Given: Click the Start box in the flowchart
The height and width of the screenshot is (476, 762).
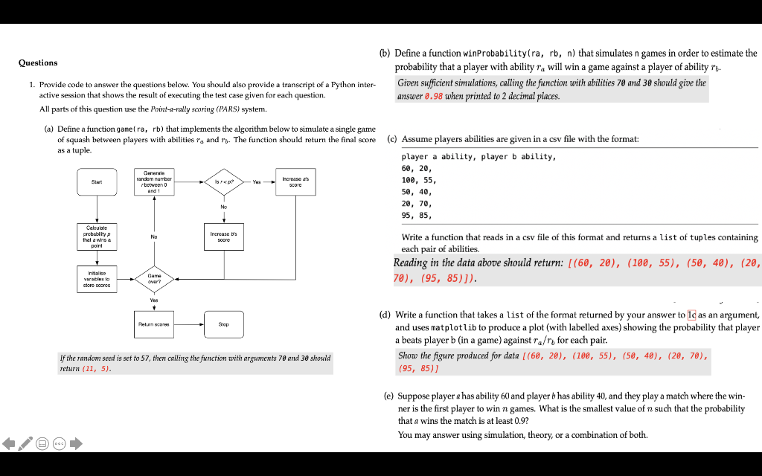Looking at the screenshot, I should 97,181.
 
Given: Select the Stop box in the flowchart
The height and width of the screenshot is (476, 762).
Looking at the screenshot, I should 223,324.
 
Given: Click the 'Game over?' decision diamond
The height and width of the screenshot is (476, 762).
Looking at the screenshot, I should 154,280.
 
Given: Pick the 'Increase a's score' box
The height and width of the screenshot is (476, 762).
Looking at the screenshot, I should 295,181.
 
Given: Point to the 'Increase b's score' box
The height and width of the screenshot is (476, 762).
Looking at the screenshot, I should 223,236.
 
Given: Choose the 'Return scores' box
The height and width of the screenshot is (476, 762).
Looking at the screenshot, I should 154,324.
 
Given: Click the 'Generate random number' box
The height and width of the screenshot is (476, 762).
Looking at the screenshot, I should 154,181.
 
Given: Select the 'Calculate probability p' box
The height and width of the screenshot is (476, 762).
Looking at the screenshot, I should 97,236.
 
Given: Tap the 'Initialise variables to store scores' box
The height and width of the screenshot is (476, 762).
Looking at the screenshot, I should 97,280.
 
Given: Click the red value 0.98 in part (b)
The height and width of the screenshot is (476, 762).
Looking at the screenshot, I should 433,96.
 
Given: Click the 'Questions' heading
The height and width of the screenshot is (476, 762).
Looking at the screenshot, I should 38,62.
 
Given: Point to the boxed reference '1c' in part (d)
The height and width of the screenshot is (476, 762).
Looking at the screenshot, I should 691,315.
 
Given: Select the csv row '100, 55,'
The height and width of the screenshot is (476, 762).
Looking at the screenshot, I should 419,180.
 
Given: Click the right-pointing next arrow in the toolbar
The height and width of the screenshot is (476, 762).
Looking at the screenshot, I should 76,444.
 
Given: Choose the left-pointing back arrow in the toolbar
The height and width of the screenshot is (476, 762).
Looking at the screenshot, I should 10,444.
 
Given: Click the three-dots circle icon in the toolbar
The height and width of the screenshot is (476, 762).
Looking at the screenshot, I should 60,444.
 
